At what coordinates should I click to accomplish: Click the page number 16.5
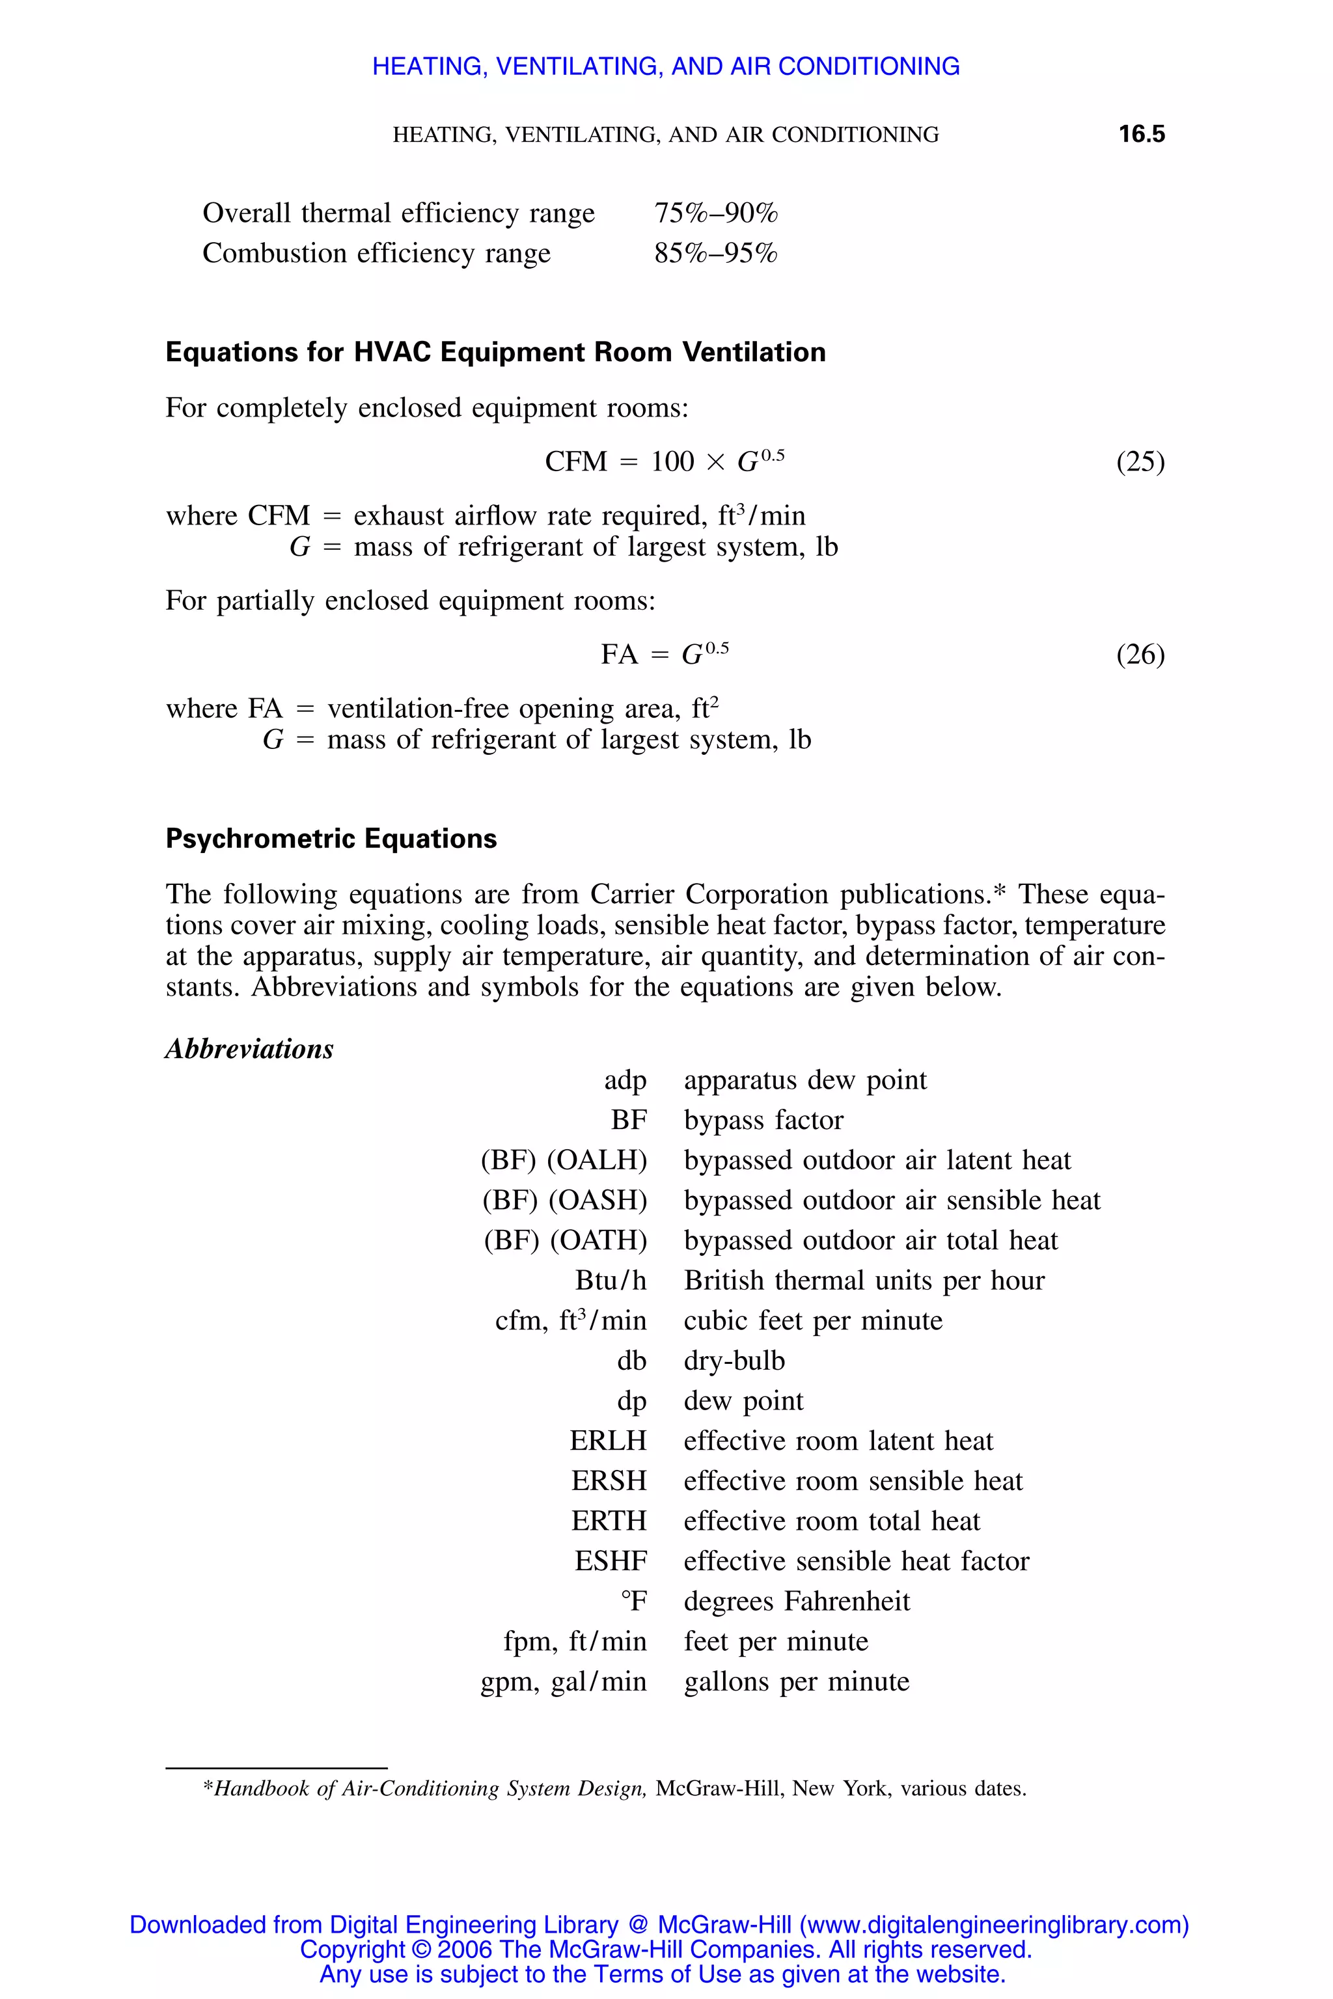(x=1141, y=133)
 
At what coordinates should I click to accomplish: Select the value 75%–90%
(x=716, y=213)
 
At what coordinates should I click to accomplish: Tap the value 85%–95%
(x=716, y=253)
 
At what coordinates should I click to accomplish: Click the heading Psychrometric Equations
(x=331, y=839)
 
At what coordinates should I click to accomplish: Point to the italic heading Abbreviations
(x=249, y=1049)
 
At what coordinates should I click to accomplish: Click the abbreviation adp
(x=625, y=1080)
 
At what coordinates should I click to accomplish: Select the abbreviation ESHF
(x=611, y=1561)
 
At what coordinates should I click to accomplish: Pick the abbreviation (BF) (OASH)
(x=564, y=1200)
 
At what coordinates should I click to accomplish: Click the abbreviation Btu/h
(x=611, y=1280)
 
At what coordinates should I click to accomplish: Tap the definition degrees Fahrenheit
(x=797, y=1601)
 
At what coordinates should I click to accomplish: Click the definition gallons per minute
(x=797, y=1681)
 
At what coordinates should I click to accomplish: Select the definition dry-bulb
(x=734, y=1361)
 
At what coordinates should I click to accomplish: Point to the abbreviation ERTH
(x=609, y=1521)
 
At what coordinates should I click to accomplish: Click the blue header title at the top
(x=666, y=66)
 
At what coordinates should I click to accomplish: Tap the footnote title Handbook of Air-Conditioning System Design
(x=430, y=1788)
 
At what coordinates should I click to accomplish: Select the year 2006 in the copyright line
(x=465, y=1949)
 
